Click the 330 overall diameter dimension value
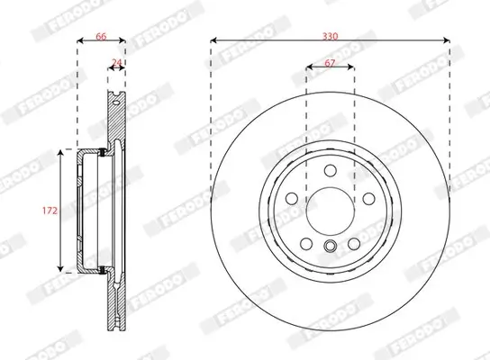pyautogui.click(x=330, y=35)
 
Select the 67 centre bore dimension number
pyautogui.click(x=331, y=63)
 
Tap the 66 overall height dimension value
pyautogui.click(x=101, y=35)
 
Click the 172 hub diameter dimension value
pyautogui.click(x=50, y=211)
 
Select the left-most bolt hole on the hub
pyautogui.click(x=292, y=200)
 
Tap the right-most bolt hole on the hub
pyautogui.click(x=368, y=200)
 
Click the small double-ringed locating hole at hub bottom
pyautogui.click(x=331, y=247)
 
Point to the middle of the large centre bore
pyautogui.click(x=331, y=212)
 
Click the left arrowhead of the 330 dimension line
pyautogui.click(x=215, y=40)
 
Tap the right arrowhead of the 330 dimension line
pyautogui.click(x=446, y=40)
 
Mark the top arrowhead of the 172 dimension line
pyautogui.click(x=61, y=154)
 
